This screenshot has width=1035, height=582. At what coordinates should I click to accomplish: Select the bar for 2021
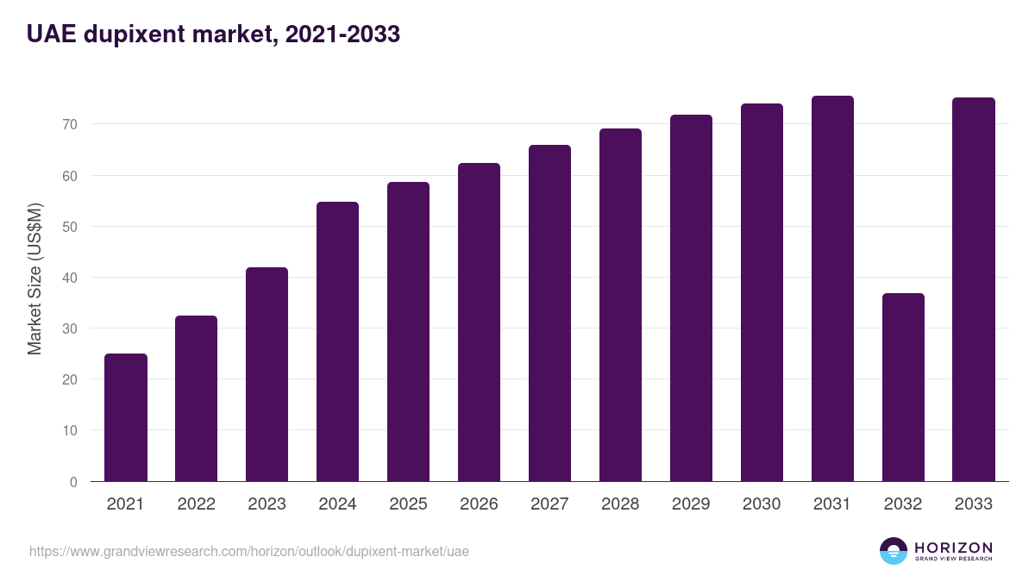[x=126, y=417]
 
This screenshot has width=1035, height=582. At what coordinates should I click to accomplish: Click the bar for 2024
[x=337, y=341]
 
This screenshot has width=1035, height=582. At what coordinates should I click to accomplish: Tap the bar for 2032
[x=903, y=387]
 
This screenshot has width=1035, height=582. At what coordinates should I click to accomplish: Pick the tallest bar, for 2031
[x=832, y=289]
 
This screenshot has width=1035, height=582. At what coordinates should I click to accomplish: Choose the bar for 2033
[x=974, y=290]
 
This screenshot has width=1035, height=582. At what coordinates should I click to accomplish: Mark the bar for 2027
[x=549, y=313]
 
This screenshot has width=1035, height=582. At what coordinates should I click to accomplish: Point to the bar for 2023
[x=267, y=374]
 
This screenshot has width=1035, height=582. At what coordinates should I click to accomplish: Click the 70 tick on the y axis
[x=70, y=125]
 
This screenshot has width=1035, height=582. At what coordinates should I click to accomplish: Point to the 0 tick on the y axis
[x=73, y=482]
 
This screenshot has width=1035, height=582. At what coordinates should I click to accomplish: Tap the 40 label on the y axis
[x=70, y=278]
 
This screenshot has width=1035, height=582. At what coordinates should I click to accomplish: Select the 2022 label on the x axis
[x=196, y=504]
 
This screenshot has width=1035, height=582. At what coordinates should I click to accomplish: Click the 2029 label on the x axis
[x=691, y=504]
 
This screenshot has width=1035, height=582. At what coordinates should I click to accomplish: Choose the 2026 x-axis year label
[x=479, y=504]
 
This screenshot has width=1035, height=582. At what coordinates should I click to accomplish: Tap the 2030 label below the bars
[x=762, y=504]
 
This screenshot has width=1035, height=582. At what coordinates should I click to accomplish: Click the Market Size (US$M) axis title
[x=34, y=278]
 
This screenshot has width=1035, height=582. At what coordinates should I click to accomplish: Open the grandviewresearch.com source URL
[x=249, y=551]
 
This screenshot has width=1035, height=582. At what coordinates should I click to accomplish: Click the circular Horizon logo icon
[x=894, y=551]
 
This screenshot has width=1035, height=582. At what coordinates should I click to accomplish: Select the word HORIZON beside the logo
[x=953, y=548]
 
